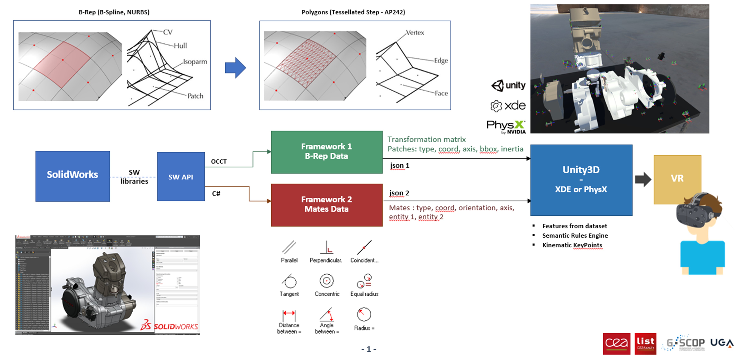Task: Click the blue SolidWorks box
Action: tap(73, 176)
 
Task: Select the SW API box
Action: tap(181, 176)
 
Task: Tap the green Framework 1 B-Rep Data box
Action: tap(326, 152)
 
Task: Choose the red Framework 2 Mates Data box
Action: tap(326, 205)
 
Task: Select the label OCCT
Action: tap(219, 161)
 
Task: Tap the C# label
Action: tap(216, 194)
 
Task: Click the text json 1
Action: tap(399, 166)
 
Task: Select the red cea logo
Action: tap(616, 343)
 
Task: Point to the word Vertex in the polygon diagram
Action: tap(415, 33)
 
